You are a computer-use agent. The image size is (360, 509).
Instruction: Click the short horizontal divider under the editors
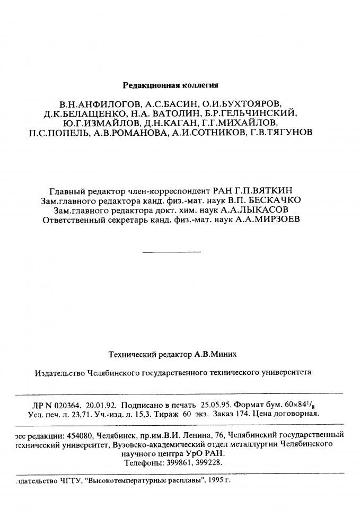(172, 251)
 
